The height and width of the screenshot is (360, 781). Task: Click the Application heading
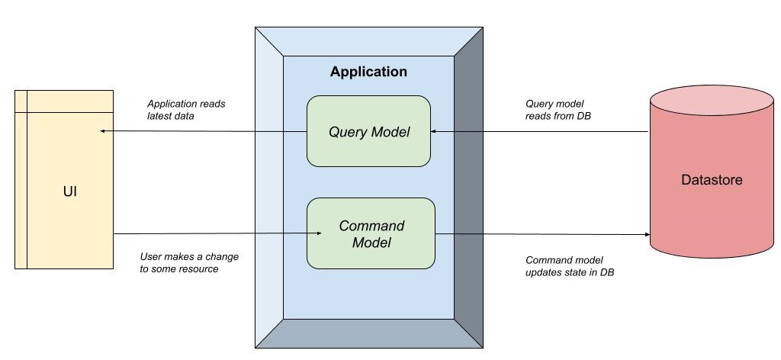point(368,72)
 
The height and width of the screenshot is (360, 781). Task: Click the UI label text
point(69,191)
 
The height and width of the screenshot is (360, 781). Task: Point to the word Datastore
point(711,181)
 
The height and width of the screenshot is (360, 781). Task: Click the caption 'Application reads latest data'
point(186,110)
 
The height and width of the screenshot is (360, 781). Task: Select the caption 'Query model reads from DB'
point(558,110)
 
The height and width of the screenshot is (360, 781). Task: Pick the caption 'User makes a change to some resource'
point(189,262)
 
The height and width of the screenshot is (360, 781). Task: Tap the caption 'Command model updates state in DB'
point(570,265)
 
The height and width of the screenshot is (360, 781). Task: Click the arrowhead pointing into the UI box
point(104,131)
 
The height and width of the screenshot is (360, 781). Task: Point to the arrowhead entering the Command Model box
point(303,233)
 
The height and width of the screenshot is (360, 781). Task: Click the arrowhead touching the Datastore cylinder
point(646,234)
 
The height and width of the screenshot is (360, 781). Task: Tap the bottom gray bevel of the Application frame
point(368,333)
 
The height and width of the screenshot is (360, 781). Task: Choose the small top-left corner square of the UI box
point(21,101)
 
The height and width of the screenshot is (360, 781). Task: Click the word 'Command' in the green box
point(371,227)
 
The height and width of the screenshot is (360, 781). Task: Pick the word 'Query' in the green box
point(346,132)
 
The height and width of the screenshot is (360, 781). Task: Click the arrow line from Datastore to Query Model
point(542,131)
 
